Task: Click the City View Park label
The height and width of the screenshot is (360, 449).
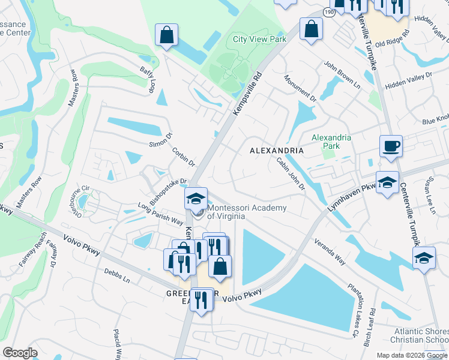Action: pyautogui.click(x=259, y=39)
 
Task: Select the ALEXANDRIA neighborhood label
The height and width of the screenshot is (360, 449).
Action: pyautogui.click(x=277, y=151)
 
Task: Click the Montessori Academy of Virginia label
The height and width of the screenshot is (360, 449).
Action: pyautogui.click(x=247, y=212)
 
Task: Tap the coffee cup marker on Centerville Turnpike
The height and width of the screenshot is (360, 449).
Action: pyautogui.click(x=391, y=146)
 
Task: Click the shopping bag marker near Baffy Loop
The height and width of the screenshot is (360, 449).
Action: pyautogui.click(x=166, y=35)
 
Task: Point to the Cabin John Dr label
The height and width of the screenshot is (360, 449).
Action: pyautogui.click(x=291, y=174)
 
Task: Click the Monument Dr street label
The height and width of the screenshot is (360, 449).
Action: pyautogui.click(x=300, y=88)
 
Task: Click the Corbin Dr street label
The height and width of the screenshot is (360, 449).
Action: pyautogui.click(x=184, y=157)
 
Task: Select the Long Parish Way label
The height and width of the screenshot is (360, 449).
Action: pyautogui.click(x=160, y=213)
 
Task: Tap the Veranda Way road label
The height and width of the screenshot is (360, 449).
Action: pyautogui.click(x=331, y=253)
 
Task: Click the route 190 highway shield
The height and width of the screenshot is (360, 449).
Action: pyautogui.click(x=328, y=12)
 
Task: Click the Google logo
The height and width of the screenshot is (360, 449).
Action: pyautogui.click(x=20, y=353)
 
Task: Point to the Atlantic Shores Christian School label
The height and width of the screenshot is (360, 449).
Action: pyautogui.click(x=421, y=335)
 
